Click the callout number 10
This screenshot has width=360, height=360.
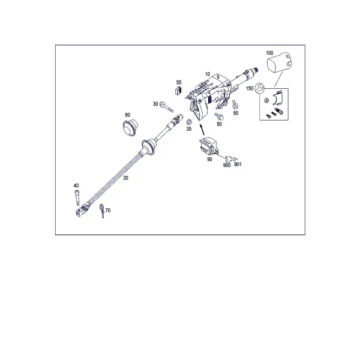[208, 74]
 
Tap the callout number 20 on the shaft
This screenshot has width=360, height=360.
[125, 178]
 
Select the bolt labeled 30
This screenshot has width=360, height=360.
[167, 107]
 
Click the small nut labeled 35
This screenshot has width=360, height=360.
[190, 121]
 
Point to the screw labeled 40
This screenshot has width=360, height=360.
[77, 198]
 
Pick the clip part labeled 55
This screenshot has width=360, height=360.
[178, 91]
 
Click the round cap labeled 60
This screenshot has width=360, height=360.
[130, 127]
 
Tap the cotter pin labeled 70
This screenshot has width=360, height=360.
[102, 211]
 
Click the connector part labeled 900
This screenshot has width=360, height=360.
[228, 158]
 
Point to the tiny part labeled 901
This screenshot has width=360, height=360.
[235, 159]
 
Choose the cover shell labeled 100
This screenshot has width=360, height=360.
[280, 62]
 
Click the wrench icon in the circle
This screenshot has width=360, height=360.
[260, 88]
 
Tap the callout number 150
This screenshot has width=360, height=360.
[250, 88]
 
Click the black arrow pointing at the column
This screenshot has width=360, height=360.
[202, 130]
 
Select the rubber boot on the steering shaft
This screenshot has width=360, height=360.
[149, 147]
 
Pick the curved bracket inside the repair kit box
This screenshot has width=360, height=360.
[278, 98]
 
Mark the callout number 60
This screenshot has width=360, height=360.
[128, 115]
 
